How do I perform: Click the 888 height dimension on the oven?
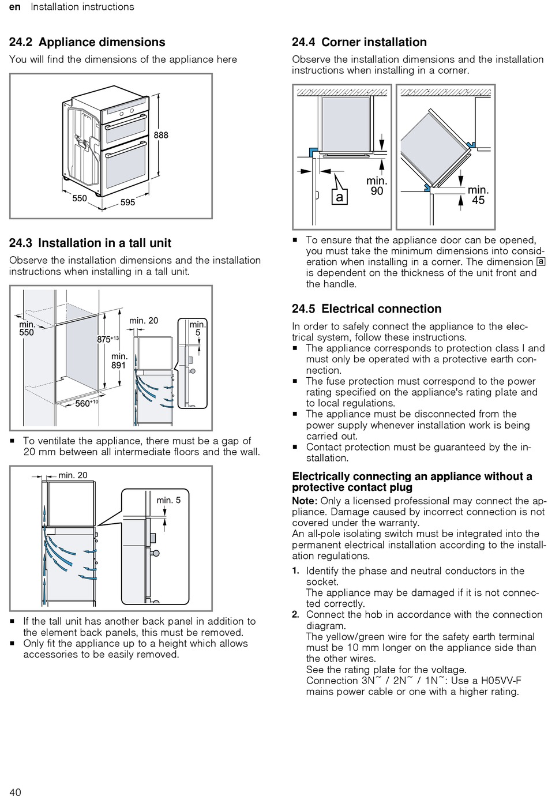(x=161, y=135)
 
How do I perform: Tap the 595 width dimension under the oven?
(x=127, y=202)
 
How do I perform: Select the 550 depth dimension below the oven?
(x=80, y=198)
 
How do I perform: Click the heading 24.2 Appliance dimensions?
(x=87, y=42)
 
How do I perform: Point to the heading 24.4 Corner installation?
(x=359, y=42)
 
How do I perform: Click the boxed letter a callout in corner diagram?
(x=339, y=197)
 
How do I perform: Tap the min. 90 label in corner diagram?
(x=377, y=186)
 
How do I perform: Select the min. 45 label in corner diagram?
(x=478, y=195)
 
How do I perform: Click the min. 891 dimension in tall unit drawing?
(x=119, y=361)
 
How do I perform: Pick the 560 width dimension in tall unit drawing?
(x=85, y=403)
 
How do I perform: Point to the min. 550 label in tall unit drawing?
(x=27, y=328)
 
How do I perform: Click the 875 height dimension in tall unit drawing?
(x=106, y=340)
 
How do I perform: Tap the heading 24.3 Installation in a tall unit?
(x=90, y=243)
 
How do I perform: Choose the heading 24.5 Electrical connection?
(x=366, y=309)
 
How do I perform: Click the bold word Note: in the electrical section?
(x=305, y=501)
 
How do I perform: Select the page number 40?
(x=15, y=792)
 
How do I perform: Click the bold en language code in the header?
(x=15, y=7)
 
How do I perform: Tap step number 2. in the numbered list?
(x=295, y=614)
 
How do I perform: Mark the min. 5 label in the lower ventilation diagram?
(x=168, y=500)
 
